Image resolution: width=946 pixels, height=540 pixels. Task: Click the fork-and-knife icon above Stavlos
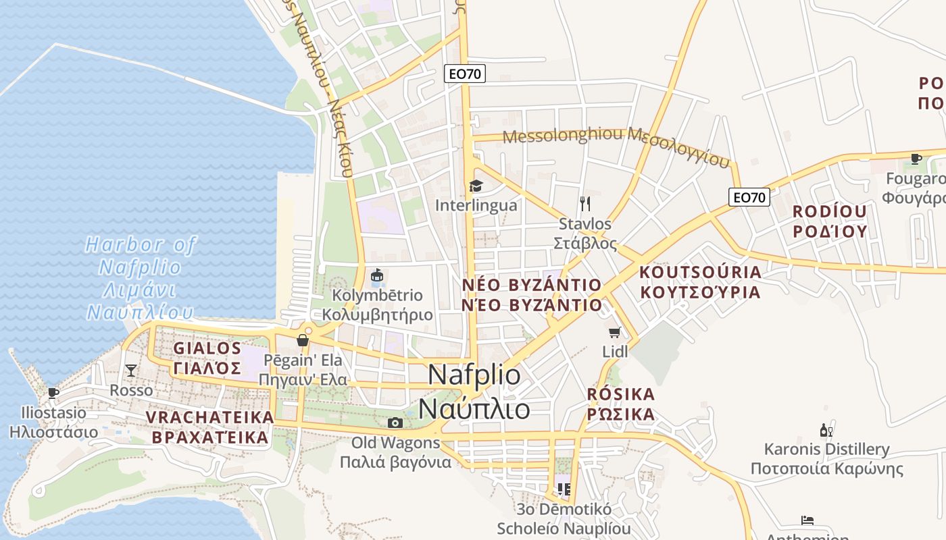(585, 203)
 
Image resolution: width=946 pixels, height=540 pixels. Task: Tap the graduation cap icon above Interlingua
(476, 186)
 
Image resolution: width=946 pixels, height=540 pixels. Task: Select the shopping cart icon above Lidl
(614, 332)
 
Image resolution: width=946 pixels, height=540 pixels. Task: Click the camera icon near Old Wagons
(395, 423)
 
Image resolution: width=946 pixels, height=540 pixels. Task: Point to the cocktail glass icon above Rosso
(131, 371)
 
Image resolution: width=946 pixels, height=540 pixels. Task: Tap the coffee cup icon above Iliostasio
(53, 393)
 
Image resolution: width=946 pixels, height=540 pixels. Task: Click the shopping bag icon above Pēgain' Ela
(303, 340)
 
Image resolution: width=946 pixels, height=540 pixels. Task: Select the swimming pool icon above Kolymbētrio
(377, 275)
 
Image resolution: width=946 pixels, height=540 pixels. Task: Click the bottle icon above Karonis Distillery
(826, 430)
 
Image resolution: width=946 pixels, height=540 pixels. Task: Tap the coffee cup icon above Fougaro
(916, 159)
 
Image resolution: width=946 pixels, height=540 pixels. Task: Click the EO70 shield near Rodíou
(749, 197)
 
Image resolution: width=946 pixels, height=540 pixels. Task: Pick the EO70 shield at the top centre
(465, 74)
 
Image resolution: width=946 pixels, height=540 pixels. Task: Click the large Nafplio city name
(474, 392)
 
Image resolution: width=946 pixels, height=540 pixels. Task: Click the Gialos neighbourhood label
(207, 358)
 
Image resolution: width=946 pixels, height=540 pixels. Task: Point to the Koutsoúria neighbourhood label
(700, 282)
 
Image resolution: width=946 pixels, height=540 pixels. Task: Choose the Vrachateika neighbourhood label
(210, 427)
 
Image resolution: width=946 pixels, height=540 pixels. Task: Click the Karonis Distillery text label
(826, 459)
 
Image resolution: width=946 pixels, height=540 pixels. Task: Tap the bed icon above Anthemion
(807, 520)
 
